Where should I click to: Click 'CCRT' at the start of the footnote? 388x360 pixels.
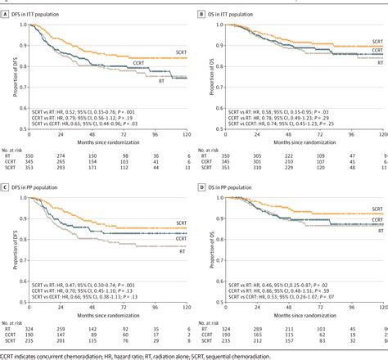point(7,356)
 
